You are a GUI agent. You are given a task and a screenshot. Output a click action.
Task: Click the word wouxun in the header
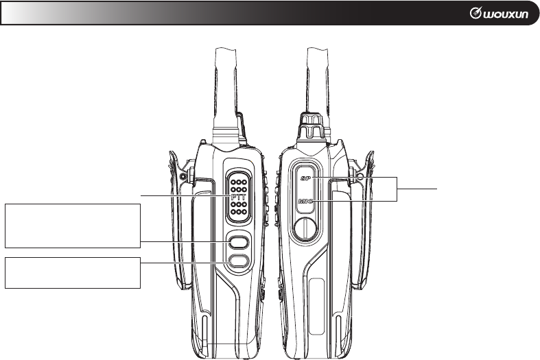[x=505, y=14]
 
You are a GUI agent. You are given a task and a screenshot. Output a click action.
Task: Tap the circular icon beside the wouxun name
[x=476, y=13]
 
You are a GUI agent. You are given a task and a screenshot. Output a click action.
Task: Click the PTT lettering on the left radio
[x=238, y=197]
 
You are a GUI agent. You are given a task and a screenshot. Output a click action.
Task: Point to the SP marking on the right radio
[x=305, y=178]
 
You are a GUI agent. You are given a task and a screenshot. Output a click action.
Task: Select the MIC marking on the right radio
[x=305, y=201]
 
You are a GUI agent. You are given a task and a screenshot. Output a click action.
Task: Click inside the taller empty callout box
[x=73, y=226]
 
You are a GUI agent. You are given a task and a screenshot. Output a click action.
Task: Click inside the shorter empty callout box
[x=73, y=273]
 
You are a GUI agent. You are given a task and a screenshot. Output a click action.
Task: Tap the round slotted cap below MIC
[x=305, y=228]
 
